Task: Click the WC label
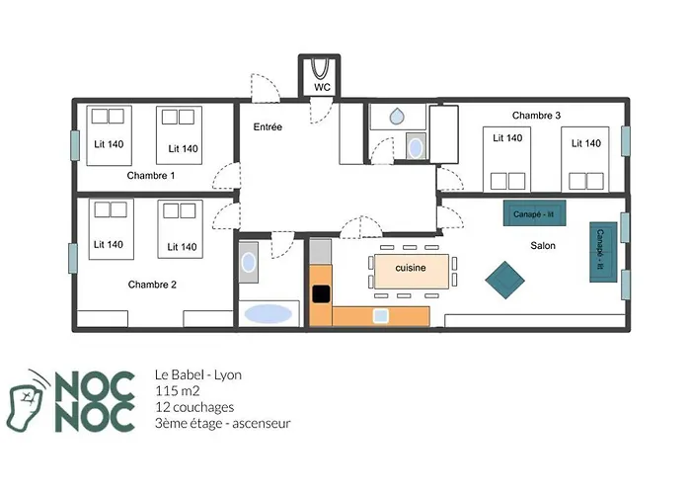click(x=322, y=87)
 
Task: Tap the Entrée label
click(x=268, y=127)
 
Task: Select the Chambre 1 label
click(x=151, y=176)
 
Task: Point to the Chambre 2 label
click(x=152, y=285)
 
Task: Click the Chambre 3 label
click(x=536, y=116)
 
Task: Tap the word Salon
click(x=543, y=246)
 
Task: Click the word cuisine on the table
click(x=411, y=268)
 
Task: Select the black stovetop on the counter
click(x=321, y=294)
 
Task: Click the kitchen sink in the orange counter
click(x=381, y=316)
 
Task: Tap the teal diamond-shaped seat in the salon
click(x=504, y=280)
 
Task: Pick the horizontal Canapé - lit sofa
click(x=534, y=213)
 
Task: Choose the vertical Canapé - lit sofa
click(x=603, y=252)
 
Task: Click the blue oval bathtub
click(x=268, y=314)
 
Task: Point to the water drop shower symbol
click(x=397, y=117)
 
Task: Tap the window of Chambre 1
click(x=75, y=145)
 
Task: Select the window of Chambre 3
click(x=625, y=140)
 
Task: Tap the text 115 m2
click(x=177, y=391)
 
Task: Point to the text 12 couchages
click(x=194, y=407)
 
